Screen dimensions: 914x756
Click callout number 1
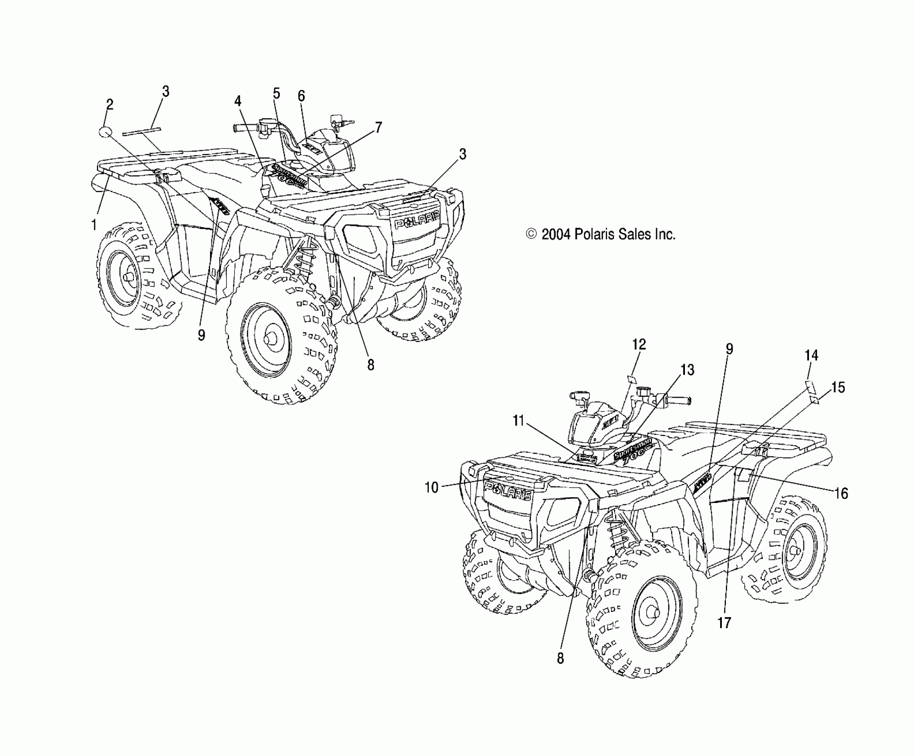point(94,225)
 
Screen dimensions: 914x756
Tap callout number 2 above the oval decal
point(109,105)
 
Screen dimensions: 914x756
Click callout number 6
point(301,96)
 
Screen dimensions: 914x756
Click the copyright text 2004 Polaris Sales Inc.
point(600,234)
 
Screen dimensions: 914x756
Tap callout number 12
point(639,345)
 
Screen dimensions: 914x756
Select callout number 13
point(688,370)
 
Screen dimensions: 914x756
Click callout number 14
point(811,356)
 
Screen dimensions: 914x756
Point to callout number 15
point(838,387)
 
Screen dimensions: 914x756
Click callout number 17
point(724,623)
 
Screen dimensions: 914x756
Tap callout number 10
point(431,487)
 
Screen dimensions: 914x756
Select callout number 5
point(276,93)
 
